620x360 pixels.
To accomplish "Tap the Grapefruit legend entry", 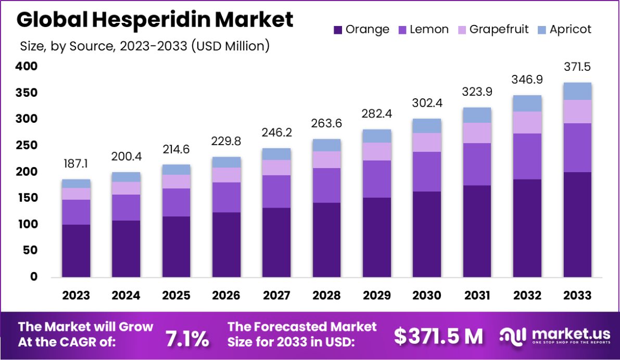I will (492, 29).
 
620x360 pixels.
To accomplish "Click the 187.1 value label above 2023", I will (76, 164).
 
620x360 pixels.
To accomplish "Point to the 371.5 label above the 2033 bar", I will (577, 67).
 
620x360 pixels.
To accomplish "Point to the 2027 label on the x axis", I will (276, 295).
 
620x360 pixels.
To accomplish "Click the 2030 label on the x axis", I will (427, 295).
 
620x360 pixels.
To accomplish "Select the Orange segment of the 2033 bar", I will (577, 224).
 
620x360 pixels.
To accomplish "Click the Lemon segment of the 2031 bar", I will (477, 164).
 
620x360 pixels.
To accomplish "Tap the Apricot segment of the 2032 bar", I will (527, 103).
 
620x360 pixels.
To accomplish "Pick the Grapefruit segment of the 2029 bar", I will (377, 151).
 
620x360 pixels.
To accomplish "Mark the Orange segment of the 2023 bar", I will (76, 250).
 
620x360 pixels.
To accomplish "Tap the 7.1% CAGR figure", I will (187, 338).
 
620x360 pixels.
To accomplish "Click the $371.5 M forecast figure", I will (438, 337).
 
